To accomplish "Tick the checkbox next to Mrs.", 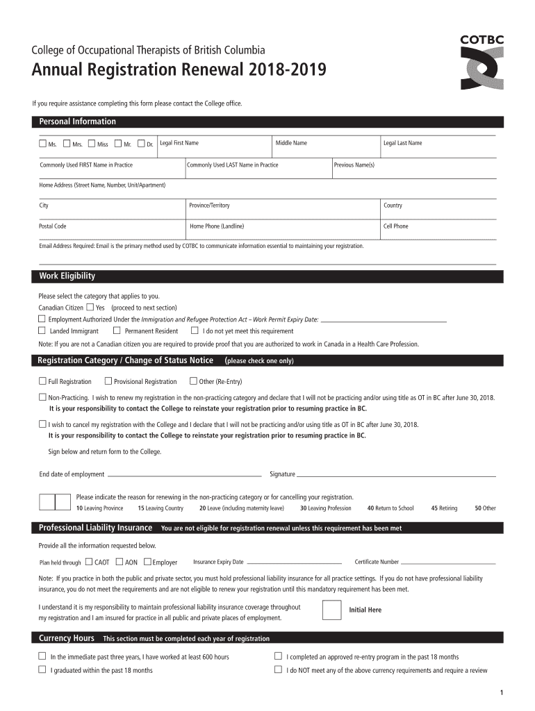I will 67,144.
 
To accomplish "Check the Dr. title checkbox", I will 141,144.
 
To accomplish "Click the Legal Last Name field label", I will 402,143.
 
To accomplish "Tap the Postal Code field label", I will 53,226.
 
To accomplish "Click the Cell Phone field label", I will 395,226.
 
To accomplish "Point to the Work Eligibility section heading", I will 67,276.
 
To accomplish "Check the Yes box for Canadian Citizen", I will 90,307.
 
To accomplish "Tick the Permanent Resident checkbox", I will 117,331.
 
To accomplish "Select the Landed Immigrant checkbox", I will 42,331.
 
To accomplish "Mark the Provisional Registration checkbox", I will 108,381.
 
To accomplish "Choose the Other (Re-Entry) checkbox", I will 192,381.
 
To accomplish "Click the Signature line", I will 396,475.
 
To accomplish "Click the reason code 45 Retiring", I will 443,508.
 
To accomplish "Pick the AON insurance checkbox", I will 120,562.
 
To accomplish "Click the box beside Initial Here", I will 332,609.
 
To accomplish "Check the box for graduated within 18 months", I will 42,670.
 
